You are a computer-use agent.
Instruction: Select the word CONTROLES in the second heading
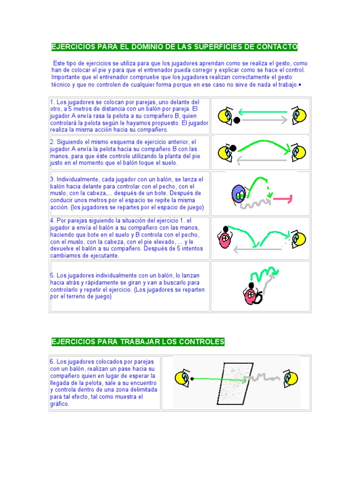(202, 342)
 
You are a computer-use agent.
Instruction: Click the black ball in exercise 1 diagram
(237, 120)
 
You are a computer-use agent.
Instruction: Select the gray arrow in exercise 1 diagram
(264, 120)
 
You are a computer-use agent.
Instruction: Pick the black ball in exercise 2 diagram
(233, 148)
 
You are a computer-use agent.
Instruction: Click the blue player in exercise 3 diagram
(239, 194)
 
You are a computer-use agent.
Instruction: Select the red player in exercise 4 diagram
(225, 240)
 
